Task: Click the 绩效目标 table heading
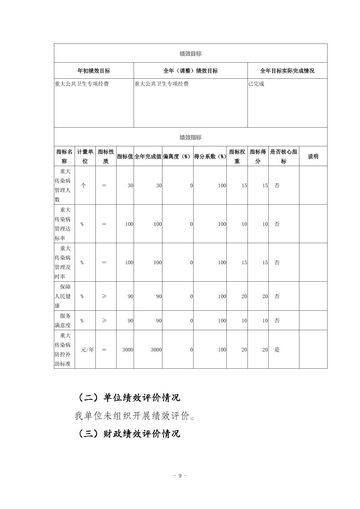pyautogui.click(x=190, y=54)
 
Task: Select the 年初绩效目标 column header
pyautogui.click(x=94, y=71)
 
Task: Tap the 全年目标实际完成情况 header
pyautogui.click(x=287, y=71)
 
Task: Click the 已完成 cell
pyautogui.click(x=256, y=84)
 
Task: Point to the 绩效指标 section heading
pyautogui.click(x=190, y=137)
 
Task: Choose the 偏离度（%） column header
pyautogui.click(x=177, y=156)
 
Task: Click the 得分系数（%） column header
pyautogui.click(x=210, y=156)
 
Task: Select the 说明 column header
pyautogui.click(x=313, y=156)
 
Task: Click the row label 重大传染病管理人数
pyautogui.click(x=63, y=185)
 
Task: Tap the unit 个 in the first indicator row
pyautogui.click(x=84, y=186)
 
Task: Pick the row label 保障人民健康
pyautogui.click(x=63, y=296)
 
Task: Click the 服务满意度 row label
pyautogui.click(x=63, y=320)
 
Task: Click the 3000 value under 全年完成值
pyautogui.click(x=156, y=350)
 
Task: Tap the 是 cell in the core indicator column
pyautogui.click(x=277, y=350)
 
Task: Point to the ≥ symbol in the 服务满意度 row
pyautogui.click(x=104, y=320)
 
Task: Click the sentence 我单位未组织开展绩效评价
pyautogui.click(x=135, y=416)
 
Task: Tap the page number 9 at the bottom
pyautogui.click(x=180, y=476)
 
